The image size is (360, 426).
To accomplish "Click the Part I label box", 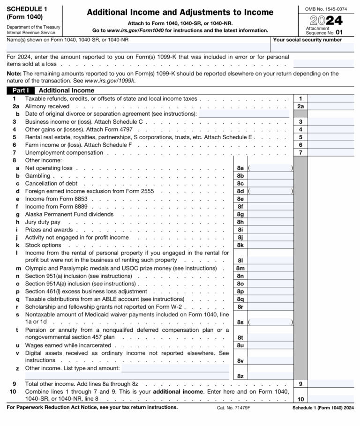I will [x=21, y=90].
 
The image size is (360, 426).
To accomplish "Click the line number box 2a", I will [x=300, y=106].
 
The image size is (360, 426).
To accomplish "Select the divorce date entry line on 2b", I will [x=244, y=114].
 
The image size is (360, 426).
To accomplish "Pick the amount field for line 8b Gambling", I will [x=271, y=175].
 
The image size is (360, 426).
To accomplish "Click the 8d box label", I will [x=240, y=191].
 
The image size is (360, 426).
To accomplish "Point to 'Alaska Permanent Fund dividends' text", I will [x=69, y=214].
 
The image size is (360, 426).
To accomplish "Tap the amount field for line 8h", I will [x=271, y=222].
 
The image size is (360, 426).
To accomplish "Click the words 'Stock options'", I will [x=43, y=245].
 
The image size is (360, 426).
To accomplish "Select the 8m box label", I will [x=240, y=268].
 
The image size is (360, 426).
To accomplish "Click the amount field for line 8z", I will [x=271, y=375].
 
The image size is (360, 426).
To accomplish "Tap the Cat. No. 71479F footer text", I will [x=233, y=408].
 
